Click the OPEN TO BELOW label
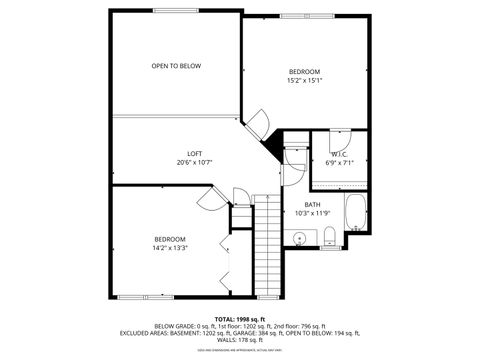click(176, 66)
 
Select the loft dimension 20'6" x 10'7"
click(195, 162)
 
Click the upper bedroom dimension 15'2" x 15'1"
click(305, 81)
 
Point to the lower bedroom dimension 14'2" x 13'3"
click(170, 248)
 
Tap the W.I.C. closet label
click(340, 154)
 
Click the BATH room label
click(312, 204)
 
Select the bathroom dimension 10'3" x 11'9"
click(312, 213)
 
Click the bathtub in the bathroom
click(356, 212)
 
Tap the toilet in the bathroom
click(329, 236)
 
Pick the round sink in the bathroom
click(300, 238)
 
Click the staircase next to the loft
click(266, 244)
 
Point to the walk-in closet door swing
click(339, 132)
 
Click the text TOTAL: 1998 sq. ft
click(240, 318)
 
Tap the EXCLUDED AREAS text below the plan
click(240, 332)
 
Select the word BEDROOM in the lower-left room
click(170, 239)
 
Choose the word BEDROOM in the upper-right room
click(305, 72)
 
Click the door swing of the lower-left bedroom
click(241, 196)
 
